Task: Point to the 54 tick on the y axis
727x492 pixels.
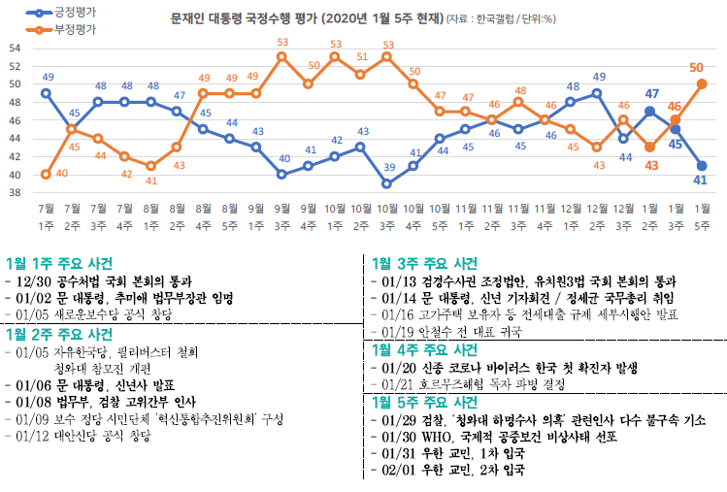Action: coord(14,48)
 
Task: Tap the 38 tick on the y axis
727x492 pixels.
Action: coord(14,192)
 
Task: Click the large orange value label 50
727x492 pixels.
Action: coord(696,67)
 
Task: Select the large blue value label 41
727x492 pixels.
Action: coord(698,180)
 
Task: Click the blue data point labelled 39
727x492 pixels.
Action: coord(386,183)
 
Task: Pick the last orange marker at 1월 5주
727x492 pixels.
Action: coord(702,83)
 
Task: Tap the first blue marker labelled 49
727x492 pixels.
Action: coord(46,93)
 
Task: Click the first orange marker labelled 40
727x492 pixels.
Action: coord(46,175)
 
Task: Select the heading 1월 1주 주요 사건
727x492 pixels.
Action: coord(59,263)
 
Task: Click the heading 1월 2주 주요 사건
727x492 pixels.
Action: coord(59,333)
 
